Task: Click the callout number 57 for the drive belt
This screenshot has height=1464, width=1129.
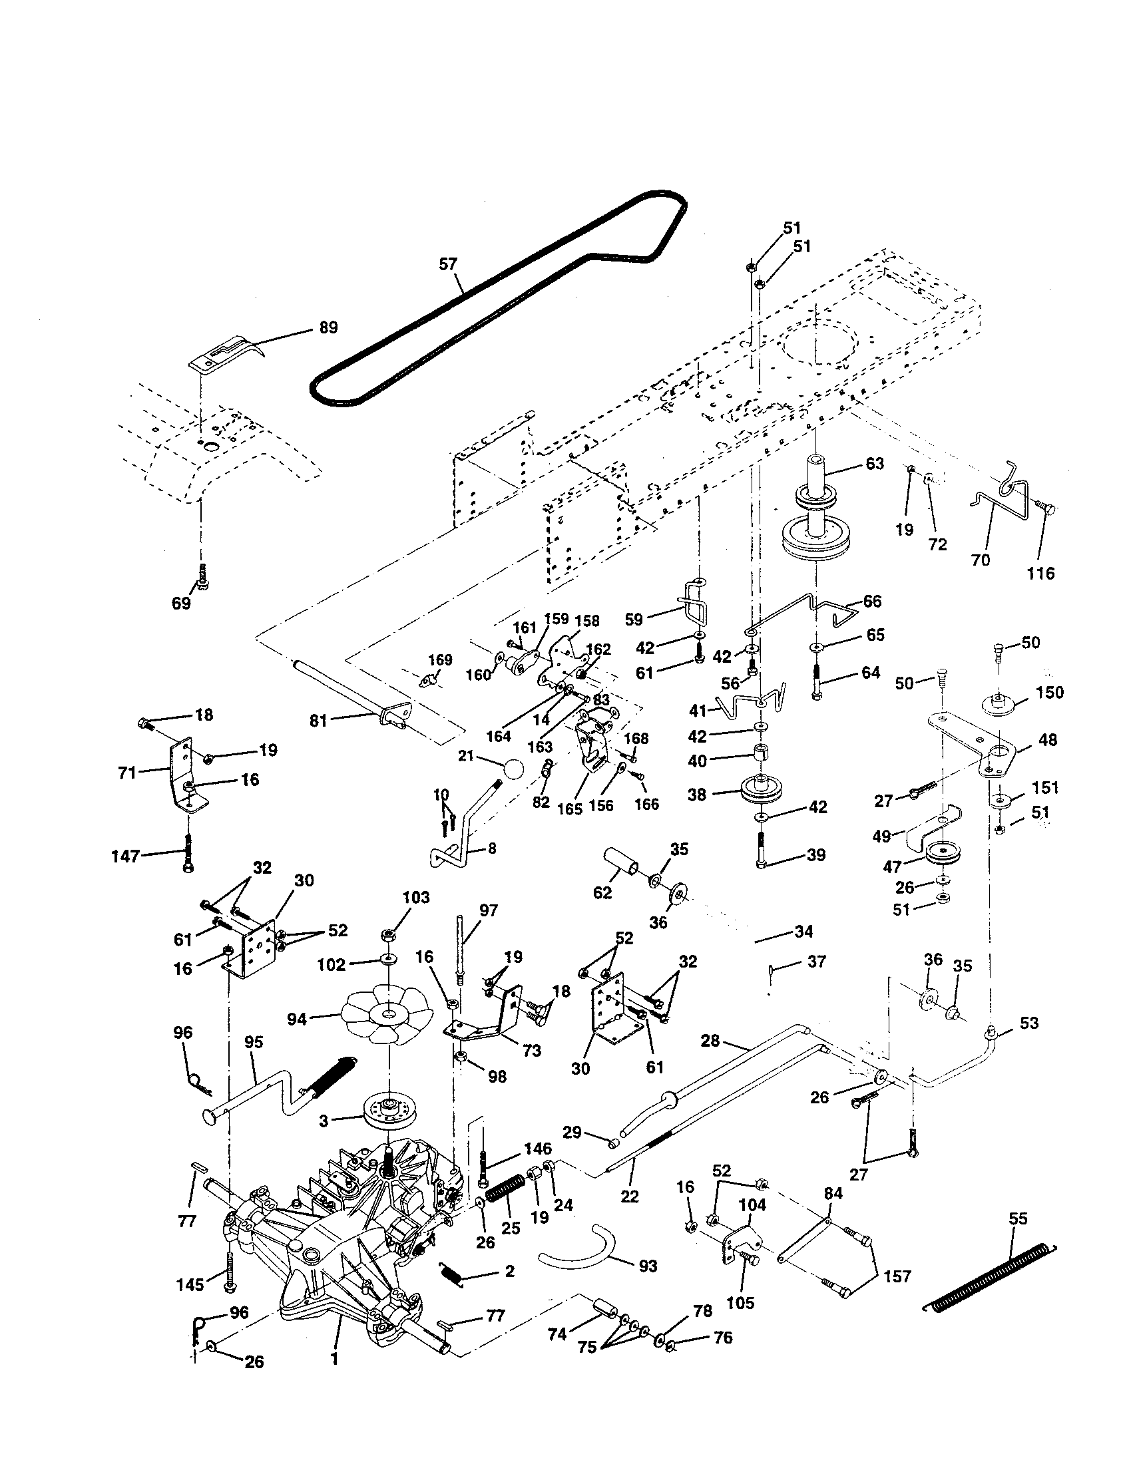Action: [447, 264]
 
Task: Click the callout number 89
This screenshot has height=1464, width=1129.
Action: [328, 328]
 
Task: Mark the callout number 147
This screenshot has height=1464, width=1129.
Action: [126, 855]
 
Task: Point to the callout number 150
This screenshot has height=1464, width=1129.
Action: [1049, 692]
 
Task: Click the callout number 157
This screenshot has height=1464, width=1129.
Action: [897, 1276]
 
